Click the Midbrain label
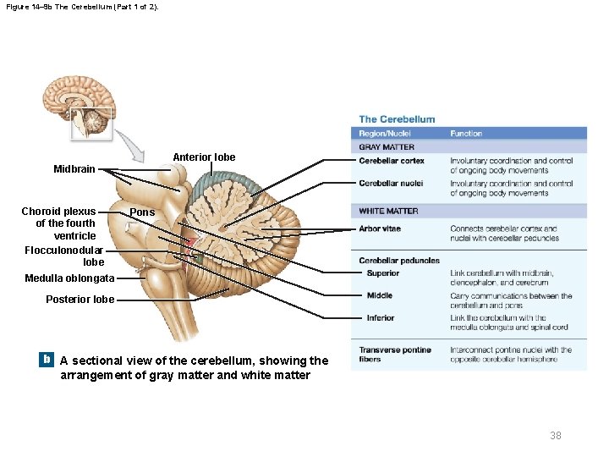coord(74,169)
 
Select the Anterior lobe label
coord(204,157)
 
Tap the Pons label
coord(143,212)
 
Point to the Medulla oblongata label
coord(69,278)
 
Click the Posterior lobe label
coord(80,299)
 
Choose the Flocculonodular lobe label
coord(64,256)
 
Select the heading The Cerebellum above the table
coord(397,119)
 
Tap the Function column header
coord(466,134)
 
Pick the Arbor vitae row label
coord(380,228)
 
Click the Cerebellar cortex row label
coord(392,161)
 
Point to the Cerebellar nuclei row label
coord(391,183)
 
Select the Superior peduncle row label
coord(383,273)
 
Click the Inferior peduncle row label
coord(381,318)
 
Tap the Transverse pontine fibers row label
coord(394,355)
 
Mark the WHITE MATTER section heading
coord(388,211)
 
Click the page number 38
coord(556,435)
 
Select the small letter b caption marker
coord(47,360)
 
